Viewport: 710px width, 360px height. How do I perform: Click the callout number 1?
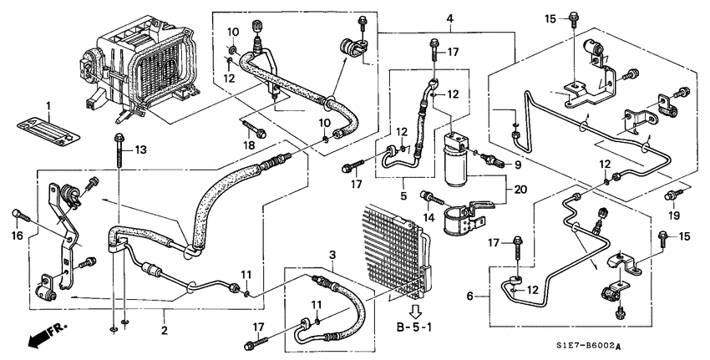[48, 107]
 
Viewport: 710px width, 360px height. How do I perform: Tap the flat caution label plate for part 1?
[48, 130]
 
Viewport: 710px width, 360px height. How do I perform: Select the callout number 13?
[141, 150]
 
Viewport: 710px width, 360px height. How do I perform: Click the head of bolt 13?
[119, 136]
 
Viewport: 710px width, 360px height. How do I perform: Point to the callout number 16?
[18, 236]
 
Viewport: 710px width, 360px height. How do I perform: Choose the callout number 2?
[164, 330]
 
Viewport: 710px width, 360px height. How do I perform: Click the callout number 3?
[332, 255]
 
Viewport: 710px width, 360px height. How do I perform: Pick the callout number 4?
[449, 19]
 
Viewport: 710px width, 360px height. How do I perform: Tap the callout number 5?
[403, 196]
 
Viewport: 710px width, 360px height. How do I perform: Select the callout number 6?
[470, 297]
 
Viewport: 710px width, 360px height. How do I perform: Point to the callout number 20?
[520, 190]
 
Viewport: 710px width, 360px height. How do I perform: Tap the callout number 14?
[429, 218]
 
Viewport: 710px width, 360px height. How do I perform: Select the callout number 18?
[249, 145]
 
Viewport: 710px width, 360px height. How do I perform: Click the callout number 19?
[674, 215]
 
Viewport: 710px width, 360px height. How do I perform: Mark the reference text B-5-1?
[414, 327]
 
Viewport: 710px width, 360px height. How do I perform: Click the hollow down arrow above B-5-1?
[415, 312]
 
